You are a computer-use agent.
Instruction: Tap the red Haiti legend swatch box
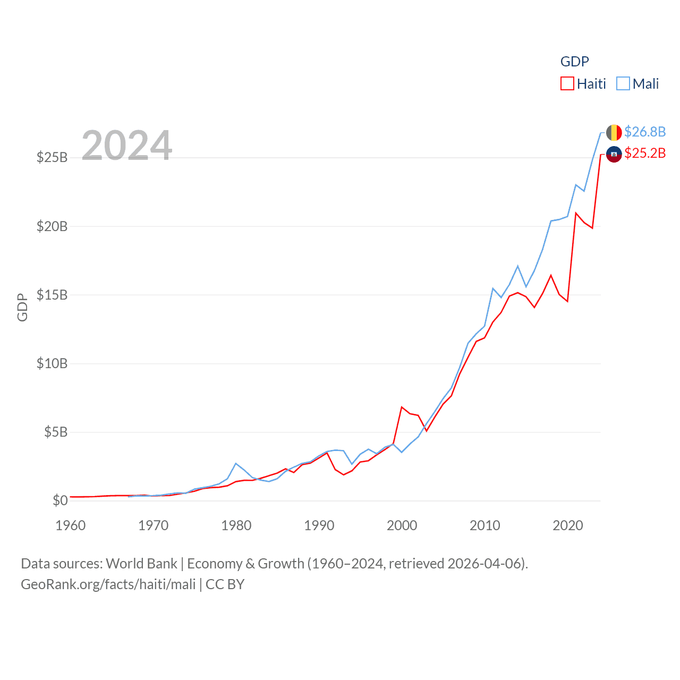coord(567,84)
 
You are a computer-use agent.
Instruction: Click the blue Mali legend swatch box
coord(623,84)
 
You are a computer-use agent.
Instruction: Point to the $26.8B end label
coord(645,132)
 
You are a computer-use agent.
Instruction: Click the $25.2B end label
coord(645,154)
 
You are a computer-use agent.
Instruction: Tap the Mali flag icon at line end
coord(614,132)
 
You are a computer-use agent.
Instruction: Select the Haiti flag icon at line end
coord(614,155)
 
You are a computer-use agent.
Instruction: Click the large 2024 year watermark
coord(126,146)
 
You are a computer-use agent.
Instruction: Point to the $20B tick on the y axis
coord(52,226)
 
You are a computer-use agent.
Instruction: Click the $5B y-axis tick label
coord(56,432)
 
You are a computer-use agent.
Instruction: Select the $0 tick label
coord(60,500)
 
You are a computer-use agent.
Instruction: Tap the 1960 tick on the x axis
coord(71,526)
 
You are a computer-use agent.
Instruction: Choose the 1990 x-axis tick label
coord(319,526)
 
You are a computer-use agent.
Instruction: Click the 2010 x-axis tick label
coord(485,526)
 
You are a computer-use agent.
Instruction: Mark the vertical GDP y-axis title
coord(22,307)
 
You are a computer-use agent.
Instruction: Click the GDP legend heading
coord(575,62)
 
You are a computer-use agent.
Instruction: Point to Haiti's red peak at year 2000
coord(402,407)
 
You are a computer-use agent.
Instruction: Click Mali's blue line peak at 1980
coord(236,464)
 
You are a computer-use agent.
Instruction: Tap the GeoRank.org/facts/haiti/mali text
coord(108,584)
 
